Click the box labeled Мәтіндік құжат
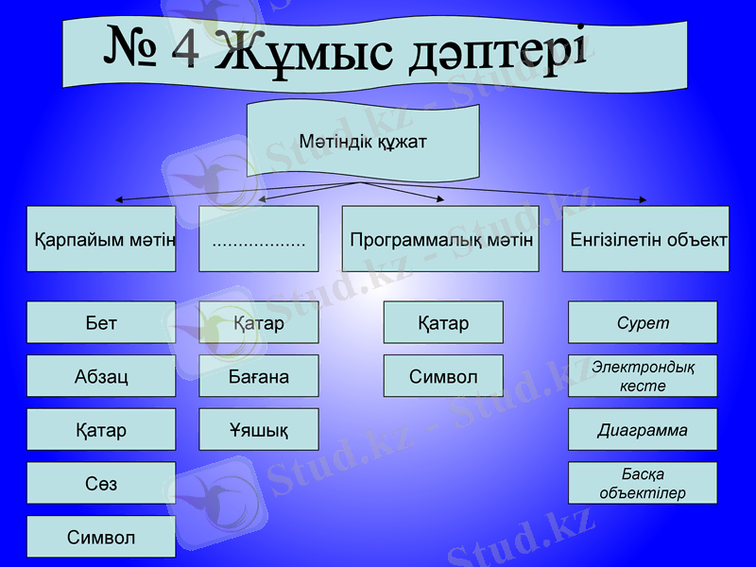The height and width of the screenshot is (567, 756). coord(363,143)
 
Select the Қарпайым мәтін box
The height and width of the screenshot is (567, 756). coord(101,239)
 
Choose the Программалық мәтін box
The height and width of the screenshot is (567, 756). coord(440,239)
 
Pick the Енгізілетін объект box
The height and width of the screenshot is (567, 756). coord(645,239)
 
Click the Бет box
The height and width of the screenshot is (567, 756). coord(101,322)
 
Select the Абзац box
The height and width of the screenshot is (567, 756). coord(101,376)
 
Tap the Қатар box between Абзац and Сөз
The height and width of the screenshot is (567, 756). coord(101,430)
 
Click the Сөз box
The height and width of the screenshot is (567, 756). coord(101,483)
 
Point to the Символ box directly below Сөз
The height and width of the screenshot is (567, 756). coord(101,537)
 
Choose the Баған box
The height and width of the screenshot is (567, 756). coord(259,376)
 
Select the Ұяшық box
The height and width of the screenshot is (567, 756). coord(259,430)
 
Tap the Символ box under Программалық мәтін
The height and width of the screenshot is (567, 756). coord(443,376)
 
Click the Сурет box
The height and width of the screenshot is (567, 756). coord(643,322)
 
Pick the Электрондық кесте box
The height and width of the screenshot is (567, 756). coord(643,376)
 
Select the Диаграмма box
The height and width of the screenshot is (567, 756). coord(643,430)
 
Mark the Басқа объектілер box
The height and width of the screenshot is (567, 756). coord(643,483)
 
